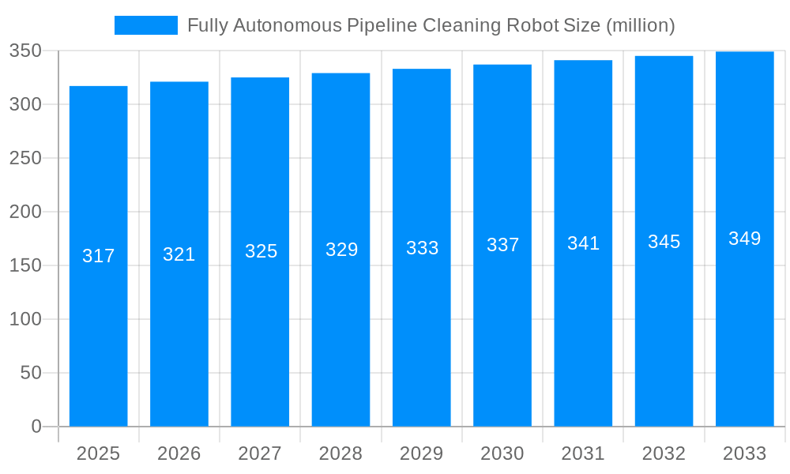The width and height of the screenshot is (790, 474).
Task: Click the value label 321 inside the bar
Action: [x=179, y=254]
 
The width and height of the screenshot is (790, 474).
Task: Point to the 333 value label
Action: [x=422, y=248]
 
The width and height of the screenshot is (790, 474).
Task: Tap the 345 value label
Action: [x=664, y=242]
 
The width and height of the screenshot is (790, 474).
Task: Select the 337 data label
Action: [x=502, y=245]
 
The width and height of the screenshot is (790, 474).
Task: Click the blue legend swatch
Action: [x=146, y=25]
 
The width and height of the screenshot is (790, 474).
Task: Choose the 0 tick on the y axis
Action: [x=36, y=427]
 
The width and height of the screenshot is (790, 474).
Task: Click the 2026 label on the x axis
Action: [x=179, y=453]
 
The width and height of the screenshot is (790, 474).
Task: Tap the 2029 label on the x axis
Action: [x=422, y=453]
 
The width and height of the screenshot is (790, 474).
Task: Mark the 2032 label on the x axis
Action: [x=664, y=453]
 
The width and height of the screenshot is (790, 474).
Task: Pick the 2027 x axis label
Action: [x=260, y=453]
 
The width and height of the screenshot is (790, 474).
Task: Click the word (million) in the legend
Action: [x=640, y=25]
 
